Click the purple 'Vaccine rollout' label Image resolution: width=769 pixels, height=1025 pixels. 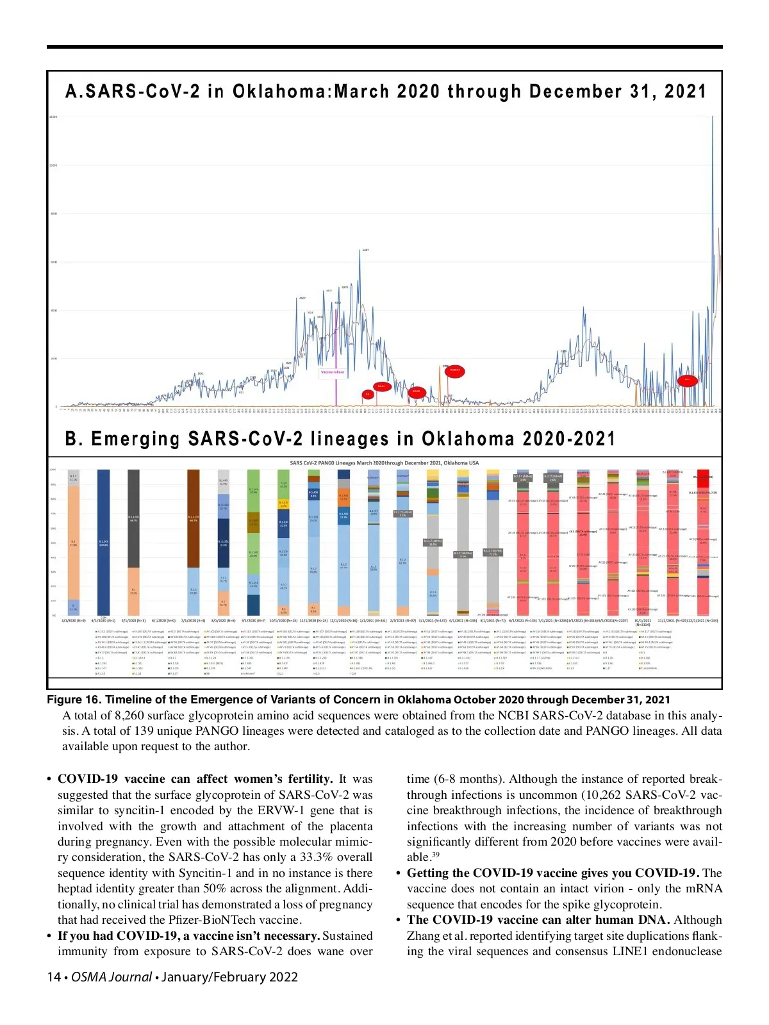332,372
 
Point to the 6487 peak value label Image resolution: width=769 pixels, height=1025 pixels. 365,250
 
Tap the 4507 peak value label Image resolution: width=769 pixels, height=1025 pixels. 302,298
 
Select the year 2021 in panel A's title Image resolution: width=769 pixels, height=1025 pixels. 685,92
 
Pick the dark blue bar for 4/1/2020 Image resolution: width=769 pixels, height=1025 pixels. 104,542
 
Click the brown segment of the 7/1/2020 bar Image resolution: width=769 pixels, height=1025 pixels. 193,518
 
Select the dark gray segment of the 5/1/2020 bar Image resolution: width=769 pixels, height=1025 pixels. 133,518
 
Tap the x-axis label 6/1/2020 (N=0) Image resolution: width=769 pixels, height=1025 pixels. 163,621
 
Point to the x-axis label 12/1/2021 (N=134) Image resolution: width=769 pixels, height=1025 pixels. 704,621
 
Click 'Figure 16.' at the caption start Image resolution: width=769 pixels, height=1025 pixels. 73,700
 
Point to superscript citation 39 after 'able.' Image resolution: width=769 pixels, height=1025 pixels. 435,855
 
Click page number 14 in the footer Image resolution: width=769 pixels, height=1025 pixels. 54,977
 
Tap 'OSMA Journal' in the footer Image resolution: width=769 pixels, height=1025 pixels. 112,977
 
